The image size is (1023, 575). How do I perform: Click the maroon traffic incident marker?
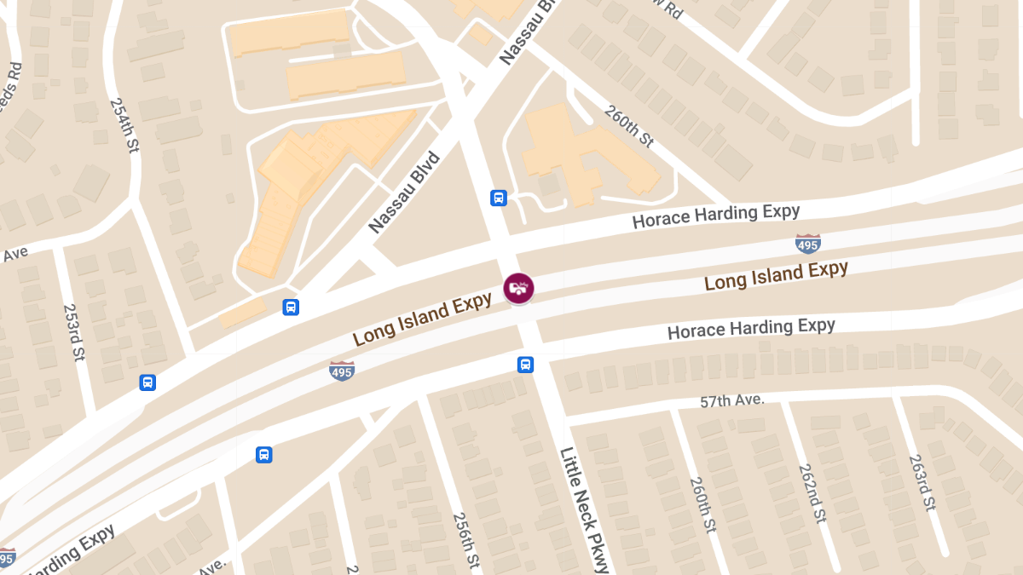click(x=518, y=288)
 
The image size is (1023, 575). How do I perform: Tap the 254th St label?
click(x=124, y=124)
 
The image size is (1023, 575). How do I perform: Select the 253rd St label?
click(x=75, y=333)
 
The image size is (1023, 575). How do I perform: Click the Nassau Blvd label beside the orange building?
click(x=405, y=193)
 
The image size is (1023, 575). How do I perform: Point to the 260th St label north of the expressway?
click(x=629, y=126)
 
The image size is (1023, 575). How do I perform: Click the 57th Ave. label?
click(x=732, y=400)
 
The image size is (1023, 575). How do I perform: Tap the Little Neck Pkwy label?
click(x=585, y=509)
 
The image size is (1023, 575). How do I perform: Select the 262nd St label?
click(x=812, y=492)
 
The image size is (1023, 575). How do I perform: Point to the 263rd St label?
click(x=922, y=482)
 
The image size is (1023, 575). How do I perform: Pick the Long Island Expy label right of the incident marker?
click(x=776, y=275)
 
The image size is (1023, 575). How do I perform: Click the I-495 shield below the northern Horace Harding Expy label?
click(x=807, y=244)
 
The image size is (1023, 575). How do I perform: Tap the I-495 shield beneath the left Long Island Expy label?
click(x=342, y=371)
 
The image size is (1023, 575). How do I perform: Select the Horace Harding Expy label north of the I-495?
click(x=715, y=216)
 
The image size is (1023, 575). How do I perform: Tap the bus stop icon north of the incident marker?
click(x=499, y=198)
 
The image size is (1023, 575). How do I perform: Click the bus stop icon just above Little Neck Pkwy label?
click(x=526, y=365)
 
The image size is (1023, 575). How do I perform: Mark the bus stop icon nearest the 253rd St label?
click(x=147, y=382)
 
